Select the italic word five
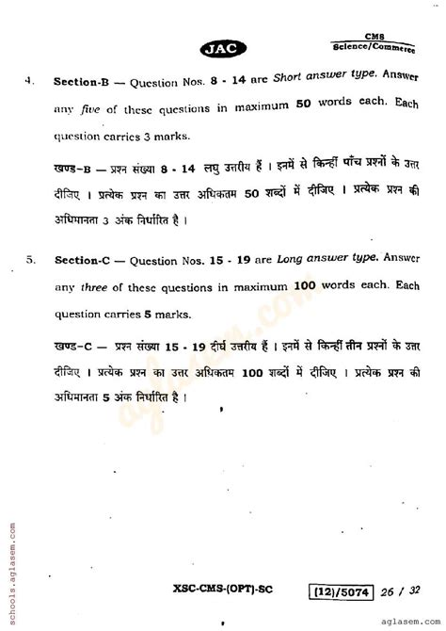click(88, 107)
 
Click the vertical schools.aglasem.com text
click(8, 564)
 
